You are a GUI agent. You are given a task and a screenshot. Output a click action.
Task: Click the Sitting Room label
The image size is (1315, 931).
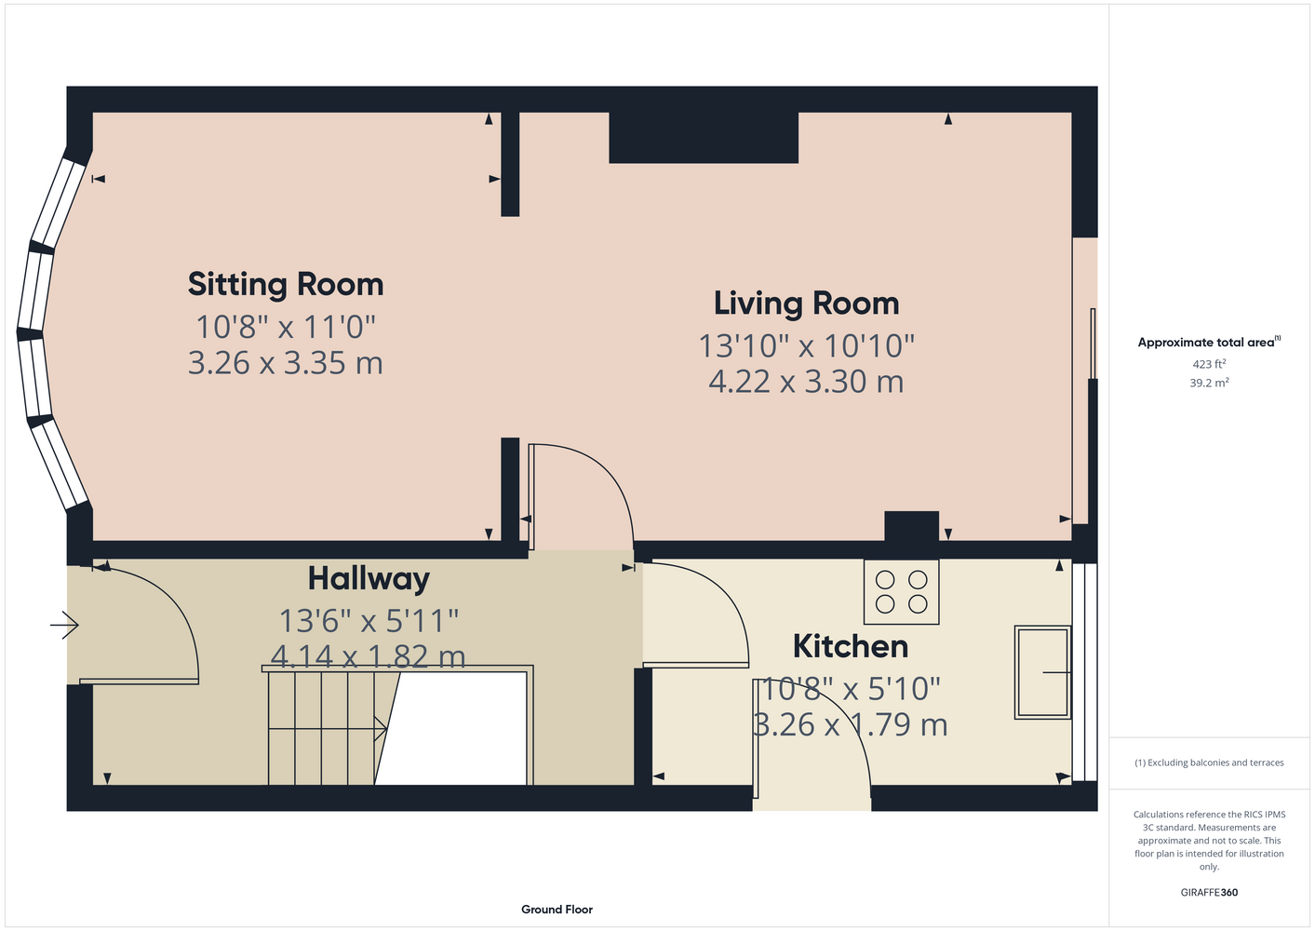286,284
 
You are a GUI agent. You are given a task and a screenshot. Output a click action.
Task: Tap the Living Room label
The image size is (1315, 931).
806,304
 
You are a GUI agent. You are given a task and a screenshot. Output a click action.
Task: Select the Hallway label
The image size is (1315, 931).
369,579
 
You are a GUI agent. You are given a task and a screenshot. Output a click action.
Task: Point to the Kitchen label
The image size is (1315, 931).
851,646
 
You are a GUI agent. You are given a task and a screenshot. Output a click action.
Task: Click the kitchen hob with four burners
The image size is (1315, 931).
901,591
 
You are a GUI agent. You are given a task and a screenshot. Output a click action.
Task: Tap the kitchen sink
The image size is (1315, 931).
1042,672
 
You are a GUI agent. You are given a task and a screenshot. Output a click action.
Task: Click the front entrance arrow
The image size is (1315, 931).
64,625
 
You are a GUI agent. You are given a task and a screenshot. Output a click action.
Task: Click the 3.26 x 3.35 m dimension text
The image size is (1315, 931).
286,363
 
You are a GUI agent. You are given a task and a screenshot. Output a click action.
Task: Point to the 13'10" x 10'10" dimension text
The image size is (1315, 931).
806,345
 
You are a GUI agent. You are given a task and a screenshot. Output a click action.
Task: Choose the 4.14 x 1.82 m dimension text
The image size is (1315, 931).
369,656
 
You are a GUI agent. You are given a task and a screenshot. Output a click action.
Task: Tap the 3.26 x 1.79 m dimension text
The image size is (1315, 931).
851,724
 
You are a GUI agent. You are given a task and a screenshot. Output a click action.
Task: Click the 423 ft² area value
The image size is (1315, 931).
1209,364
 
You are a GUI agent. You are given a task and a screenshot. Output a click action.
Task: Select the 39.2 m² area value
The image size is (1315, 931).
1209,383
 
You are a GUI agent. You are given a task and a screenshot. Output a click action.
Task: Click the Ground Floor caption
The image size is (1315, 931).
557,910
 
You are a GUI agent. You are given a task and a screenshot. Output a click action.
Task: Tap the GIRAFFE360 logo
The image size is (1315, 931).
1209,892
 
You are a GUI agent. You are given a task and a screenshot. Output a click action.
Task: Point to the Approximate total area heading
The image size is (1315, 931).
1209,342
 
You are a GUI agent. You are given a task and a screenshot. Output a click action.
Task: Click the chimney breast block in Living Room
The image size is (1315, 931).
704,138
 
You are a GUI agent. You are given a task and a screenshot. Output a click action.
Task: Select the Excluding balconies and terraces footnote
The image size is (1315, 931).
1209,762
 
